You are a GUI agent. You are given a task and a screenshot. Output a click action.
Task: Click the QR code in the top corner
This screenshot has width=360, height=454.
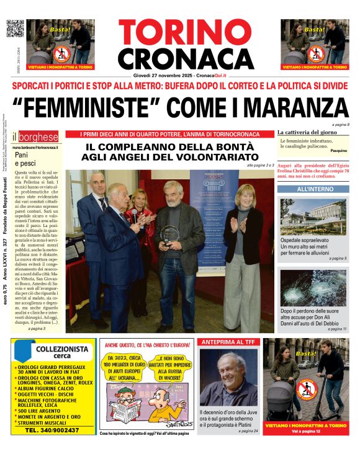tap(14, 29)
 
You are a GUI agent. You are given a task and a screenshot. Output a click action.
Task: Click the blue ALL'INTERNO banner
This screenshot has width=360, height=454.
tap(313, 189)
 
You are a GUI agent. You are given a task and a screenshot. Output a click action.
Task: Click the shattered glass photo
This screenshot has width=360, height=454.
tap(313, 287)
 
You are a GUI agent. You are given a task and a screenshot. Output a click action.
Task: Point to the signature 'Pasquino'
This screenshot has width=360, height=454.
tap(338, 151)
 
